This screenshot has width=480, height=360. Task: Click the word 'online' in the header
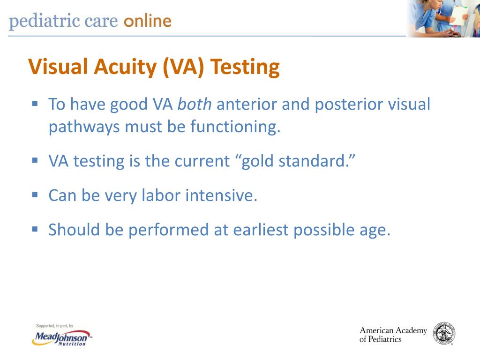pyautogui.click(x=147, y=21)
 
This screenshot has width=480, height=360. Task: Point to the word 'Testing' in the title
pyautogui.click(x=245, y=67)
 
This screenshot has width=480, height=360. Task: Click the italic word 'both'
pyautogui.click(x=195, y=104)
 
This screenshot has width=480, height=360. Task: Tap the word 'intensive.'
pyautogui.click(x=222, y=195)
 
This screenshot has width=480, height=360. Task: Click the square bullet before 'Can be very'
pyautogui.click(x=35, y=194)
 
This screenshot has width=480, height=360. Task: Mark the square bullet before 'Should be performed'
pyautogui.click(x=35, y=228)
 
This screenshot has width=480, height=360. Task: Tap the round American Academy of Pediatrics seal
pyautogui.click(x=444, y=334)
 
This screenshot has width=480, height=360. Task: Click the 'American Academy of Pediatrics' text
pyautogui.click(x=393, y=335)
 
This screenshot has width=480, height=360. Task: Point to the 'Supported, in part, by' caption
pyautogui.click(x=55, y=326)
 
